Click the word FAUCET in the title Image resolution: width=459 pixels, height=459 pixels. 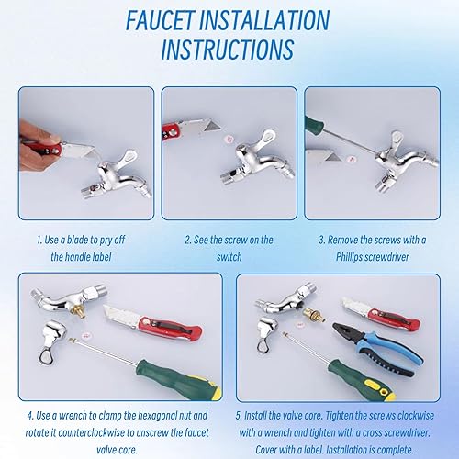point(160,20)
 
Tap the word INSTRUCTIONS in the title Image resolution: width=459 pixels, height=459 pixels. point(228,50)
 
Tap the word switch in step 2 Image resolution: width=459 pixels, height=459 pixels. point(229,257)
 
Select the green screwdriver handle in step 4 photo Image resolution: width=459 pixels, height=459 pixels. point(179,378)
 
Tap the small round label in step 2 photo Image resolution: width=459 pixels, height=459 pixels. point(229,140)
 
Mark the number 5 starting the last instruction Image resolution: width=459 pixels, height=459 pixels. point(239,416)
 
